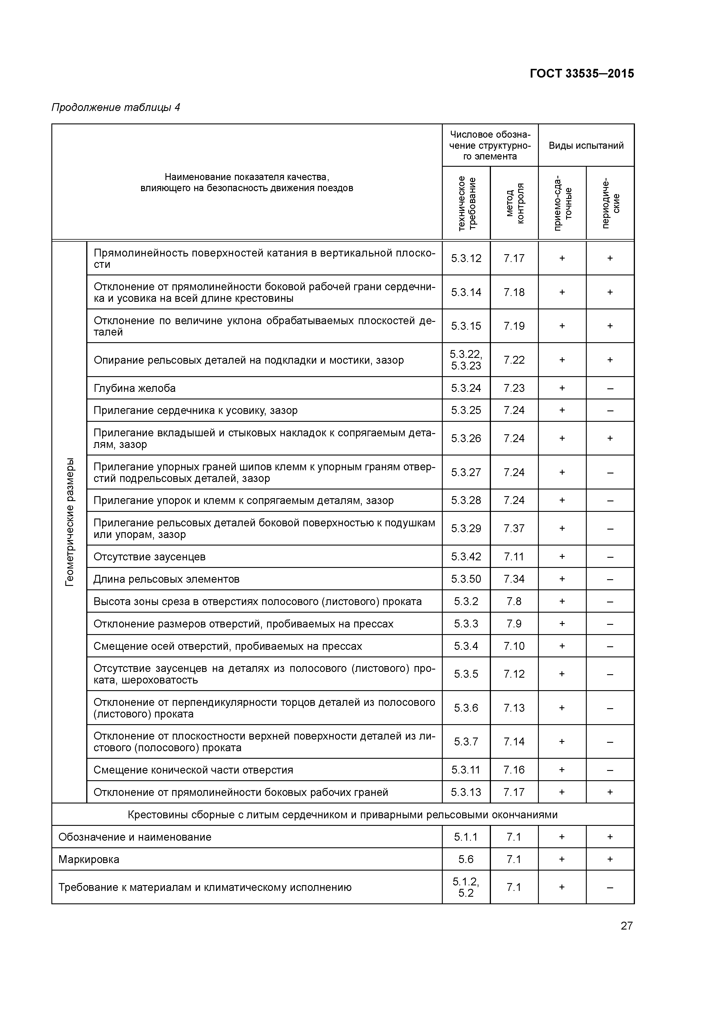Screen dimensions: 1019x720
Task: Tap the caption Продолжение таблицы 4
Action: [x=116, y=107]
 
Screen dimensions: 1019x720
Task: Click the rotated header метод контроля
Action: [x=514, y=203]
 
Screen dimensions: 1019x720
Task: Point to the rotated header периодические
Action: [x=610, y=203]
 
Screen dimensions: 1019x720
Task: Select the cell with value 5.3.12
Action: [x=466, y=258]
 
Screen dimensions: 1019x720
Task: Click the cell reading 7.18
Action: [x=514, y=292]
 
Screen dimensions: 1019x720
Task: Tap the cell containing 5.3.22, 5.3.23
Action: [x=466, y=360]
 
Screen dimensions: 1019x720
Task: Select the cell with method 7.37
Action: [x=514, y=528]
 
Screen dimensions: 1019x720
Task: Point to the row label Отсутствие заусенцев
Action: [x=150, y=557]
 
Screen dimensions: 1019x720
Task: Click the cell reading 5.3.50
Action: [x=466, y=579]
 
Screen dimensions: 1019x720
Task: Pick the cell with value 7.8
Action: [x=514, y=601]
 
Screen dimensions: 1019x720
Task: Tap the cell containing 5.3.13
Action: [x=466, y=792]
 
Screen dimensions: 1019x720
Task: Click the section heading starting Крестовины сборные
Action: [x=343, y=815]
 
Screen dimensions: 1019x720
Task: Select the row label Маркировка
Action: [x=89, y=860]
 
